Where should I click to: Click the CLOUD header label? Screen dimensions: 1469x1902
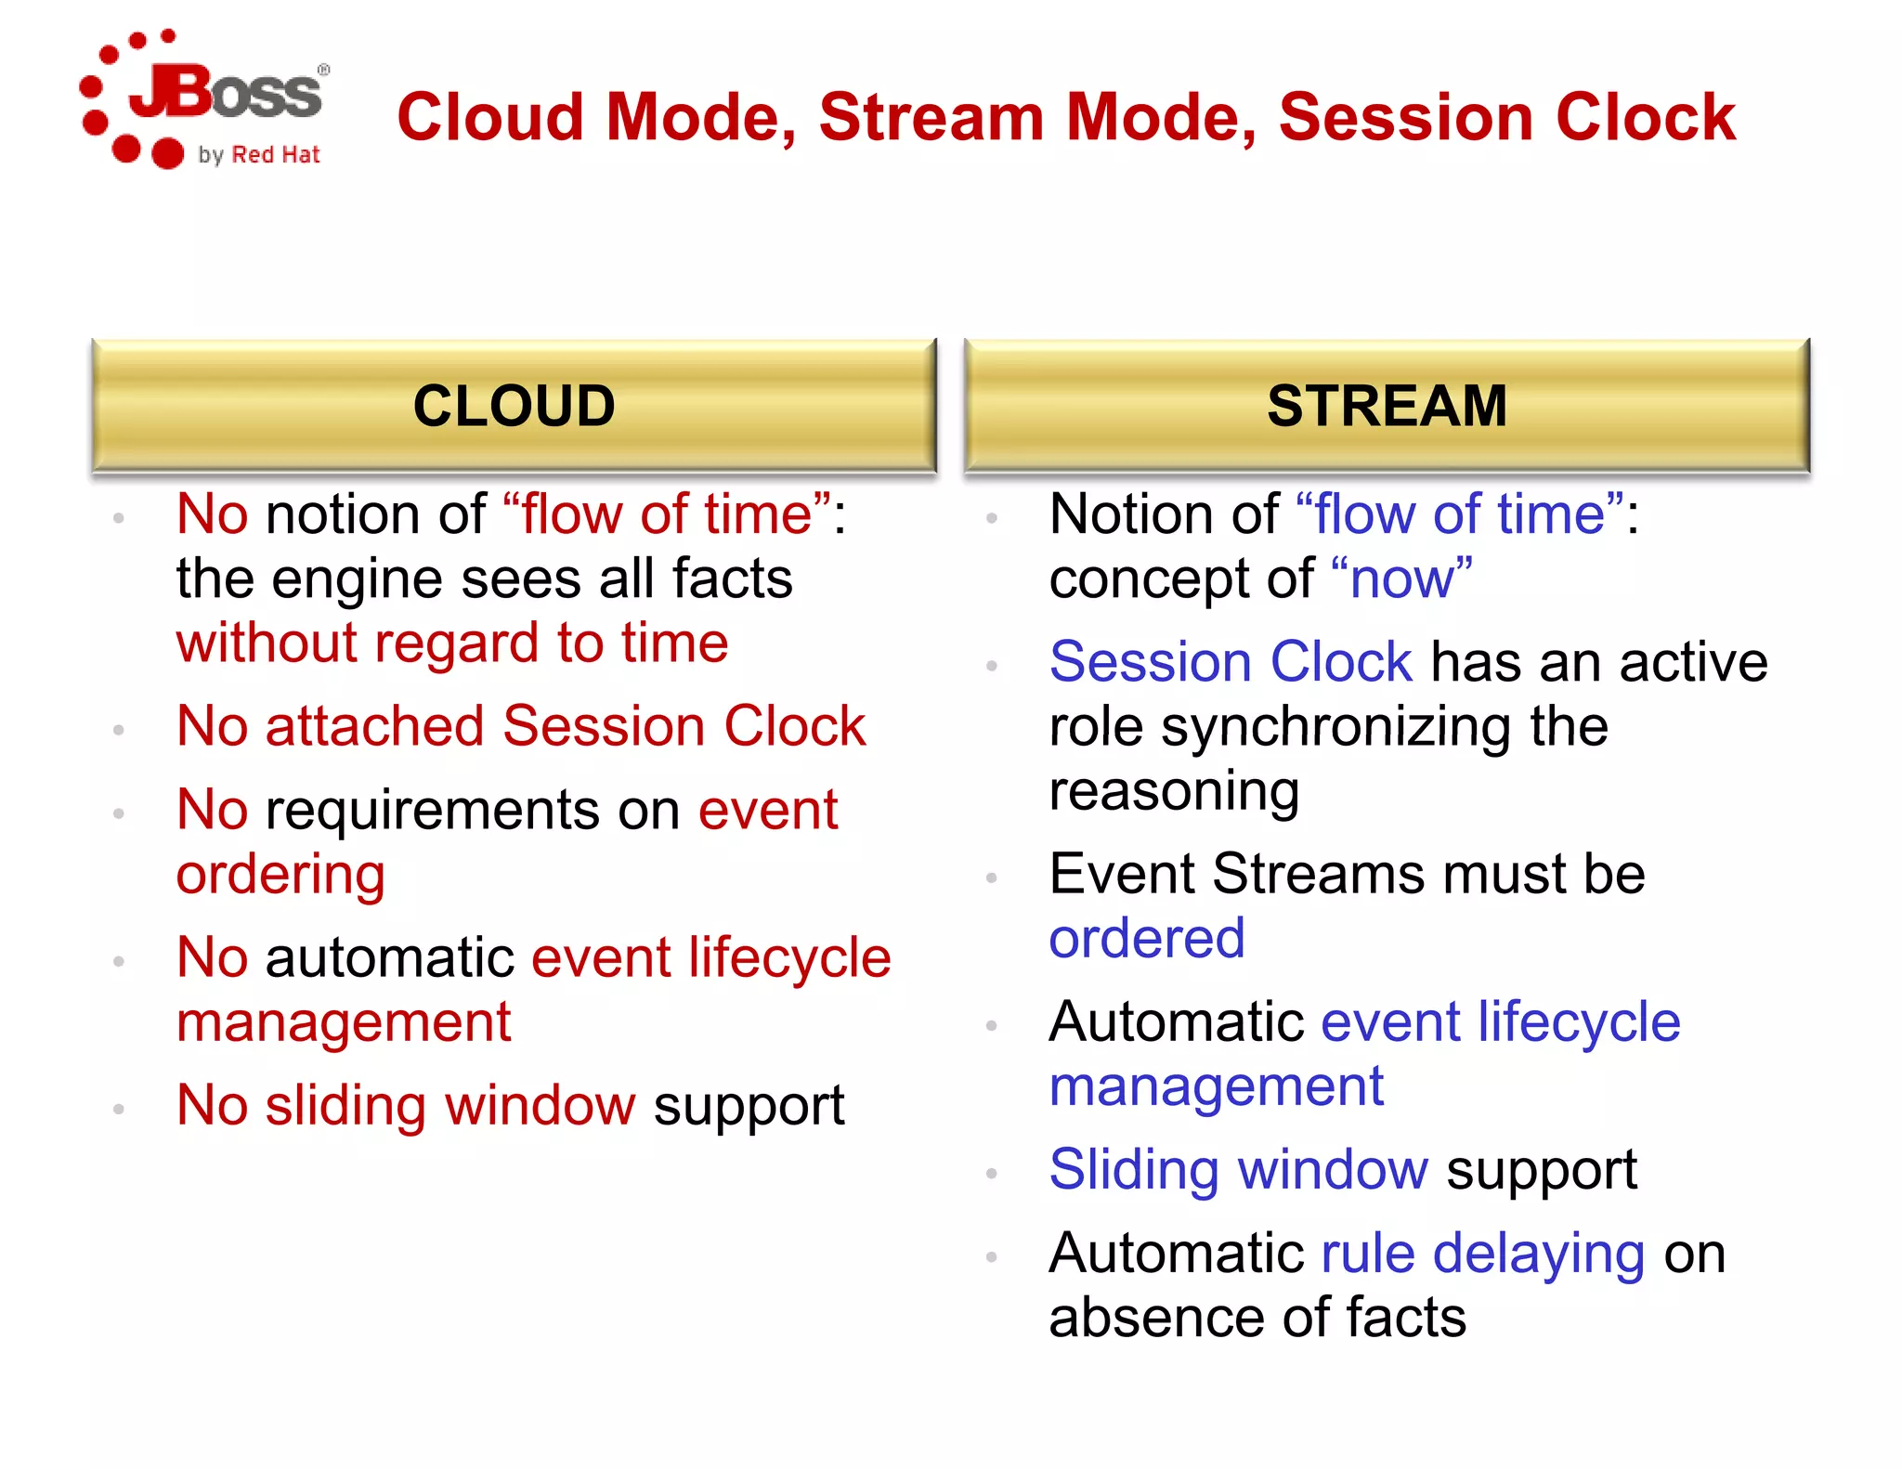pyautogui.click(x=514, y=406)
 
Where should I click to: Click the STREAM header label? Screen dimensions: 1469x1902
pyautogui.click(x=1387, y=406)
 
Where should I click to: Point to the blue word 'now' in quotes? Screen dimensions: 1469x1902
pyautogui.click(x=1401, y=579)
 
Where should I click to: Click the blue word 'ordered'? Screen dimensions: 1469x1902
pyautogui.click(x=1146, y=939)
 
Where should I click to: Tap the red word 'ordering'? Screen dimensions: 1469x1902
pyautogui.click(x=280, y=875)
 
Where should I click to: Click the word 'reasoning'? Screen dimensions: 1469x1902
pyautogui.click(x=1174, y=791)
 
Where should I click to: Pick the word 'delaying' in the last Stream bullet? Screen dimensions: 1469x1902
pyautogui.click(x=1539, y=1254)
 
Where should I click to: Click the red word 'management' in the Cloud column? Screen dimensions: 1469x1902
pyautogui.click(x=344, y=1022)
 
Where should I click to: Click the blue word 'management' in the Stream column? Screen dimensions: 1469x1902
pyautogui.click(x=1217, y=1086)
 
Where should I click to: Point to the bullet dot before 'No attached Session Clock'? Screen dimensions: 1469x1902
pyautogui.click(x=119, y=731)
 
